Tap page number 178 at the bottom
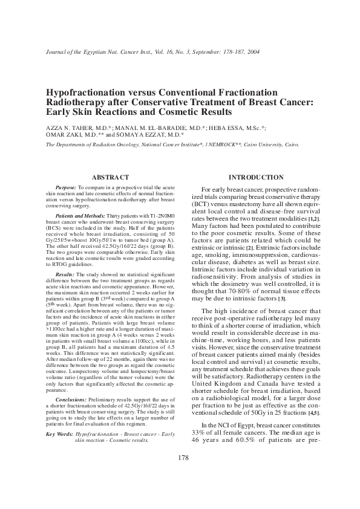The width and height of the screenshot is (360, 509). pyautogui.click(x=180, y=475)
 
